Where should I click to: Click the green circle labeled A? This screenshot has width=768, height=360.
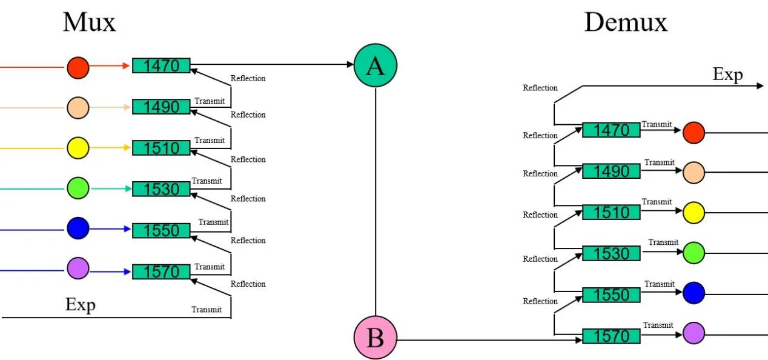tap(375, 65)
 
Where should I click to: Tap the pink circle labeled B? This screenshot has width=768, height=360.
tap(375, 338)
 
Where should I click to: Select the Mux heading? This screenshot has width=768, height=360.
tap(89, 22)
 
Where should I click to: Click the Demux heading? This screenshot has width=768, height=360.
tap(625, 22)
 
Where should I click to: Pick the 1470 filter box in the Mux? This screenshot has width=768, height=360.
tap(161, 65)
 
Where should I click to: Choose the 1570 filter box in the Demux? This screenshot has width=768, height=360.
tap(611, 336)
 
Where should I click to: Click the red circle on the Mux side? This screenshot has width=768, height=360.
tap(78, 67)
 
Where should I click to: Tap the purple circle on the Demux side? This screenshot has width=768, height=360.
tap(694, 333)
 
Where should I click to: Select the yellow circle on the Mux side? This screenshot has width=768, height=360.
tap(78, 148)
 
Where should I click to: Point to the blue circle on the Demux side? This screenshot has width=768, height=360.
tap(694, 293)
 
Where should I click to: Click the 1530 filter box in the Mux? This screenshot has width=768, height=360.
tap(161, 189)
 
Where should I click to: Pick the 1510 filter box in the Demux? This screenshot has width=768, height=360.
tap(611, 212)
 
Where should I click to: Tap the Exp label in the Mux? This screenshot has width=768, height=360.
tap(81, 305)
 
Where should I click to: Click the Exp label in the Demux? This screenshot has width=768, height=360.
tap(727, 75)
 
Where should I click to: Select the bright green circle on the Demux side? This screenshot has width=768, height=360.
tap(694, 253)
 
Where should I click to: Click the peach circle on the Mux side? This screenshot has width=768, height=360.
tap(78, 108)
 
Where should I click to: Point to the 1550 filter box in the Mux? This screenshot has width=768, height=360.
tap(161, 230)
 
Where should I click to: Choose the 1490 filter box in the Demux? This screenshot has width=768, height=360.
tap(611, 172)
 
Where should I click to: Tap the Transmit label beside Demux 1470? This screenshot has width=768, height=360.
tap(657, 124)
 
